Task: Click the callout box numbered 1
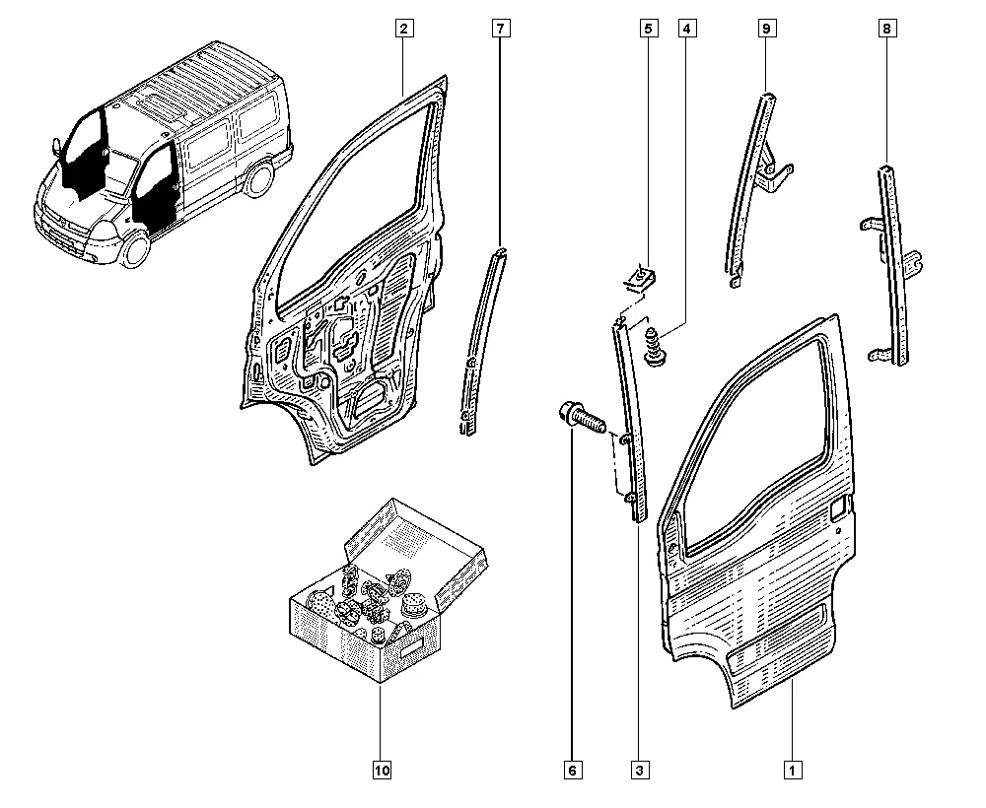793,770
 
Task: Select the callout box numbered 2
403,29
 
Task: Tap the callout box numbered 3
639,770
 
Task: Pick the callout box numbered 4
686,29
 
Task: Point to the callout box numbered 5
649,29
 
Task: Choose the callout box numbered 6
572,770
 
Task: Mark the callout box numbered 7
501,29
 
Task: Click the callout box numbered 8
886,29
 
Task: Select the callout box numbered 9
766,29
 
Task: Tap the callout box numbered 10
382,770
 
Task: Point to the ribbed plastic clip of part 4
655,347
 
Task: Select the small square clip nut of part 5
640,278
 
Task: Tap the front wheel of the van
134,247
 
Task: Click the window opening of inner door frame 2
352,206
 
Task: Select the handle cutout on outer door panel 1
839,508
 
